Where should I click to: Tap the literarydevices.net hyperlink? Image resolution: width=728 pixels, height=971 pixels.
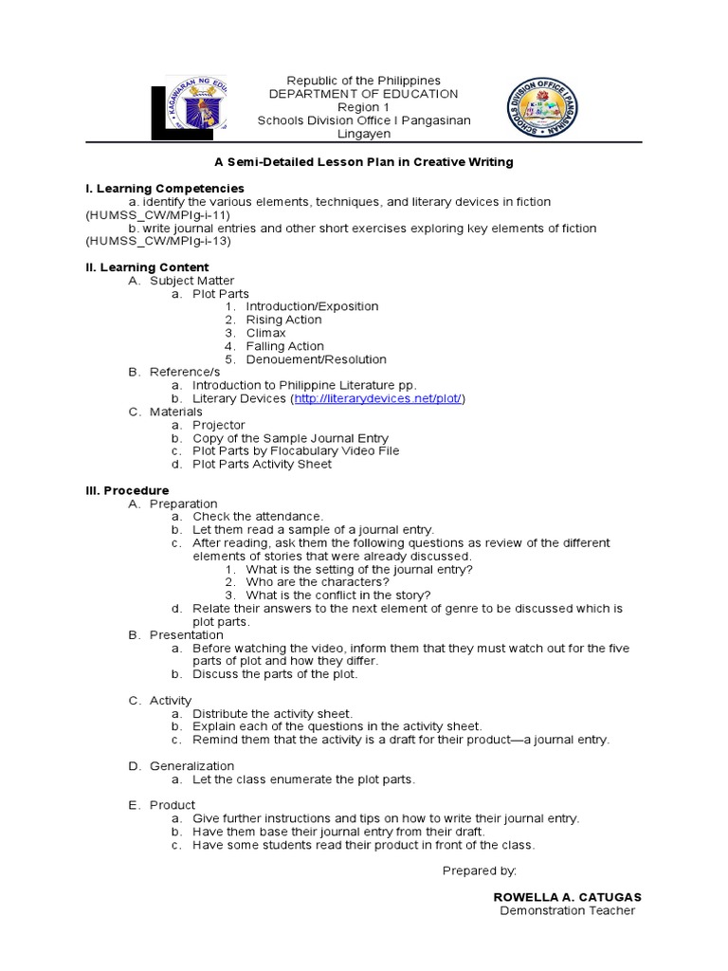tap(378, 399)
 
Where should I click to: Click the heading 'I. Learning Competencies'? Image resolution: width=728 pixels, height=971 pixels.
tap(165, 189)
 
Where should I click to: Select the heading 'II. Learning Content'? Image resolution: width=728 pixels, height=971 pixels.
tap(147, 267)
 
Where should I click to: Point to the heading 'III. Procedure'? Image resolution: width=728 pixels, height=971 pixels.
tap(127, 490)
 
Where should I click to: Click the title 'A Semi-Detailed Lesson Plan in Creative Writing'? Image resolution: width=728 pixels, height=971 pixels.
tap(363, 162)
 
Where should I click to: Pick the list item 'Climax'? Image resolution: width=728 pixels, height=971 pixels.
tap(265, 333)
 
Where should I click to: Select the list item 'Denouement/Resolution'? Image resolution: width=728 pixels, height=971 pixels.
tap(316, 359)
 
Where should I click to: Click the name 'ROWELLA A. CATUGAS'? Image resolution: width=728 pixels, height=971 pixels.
tap(567, 897)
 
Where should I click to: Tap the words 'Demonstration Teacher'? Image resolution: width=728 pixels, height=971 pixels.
tap(567, 910)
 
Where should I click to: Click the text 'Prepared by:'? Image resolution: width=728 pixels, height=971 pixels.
tap(479, 870)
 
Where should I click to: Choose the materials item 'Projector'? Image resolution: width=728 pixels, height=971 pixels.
tap(218, 425)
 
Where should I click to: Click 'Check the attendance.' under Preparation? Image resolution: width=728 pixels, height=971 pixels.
tap(258, 516)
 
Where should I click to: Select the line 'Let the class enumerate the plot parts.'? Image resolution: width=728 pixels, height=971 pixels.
tap(303, 779)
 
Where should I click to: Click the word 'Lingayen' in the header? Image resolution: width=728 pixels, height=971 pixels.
tap(364, 134)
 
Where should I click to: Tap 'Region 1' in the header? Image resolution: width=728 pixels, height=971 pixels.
tap(364, 107)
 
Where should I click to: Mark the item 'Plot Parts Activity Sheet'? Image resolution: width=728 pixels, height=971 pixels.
tap(262, 465)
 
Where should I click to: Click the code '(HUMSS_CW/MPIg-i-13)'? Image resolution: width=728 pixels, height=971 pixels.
tap(157, 241)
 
